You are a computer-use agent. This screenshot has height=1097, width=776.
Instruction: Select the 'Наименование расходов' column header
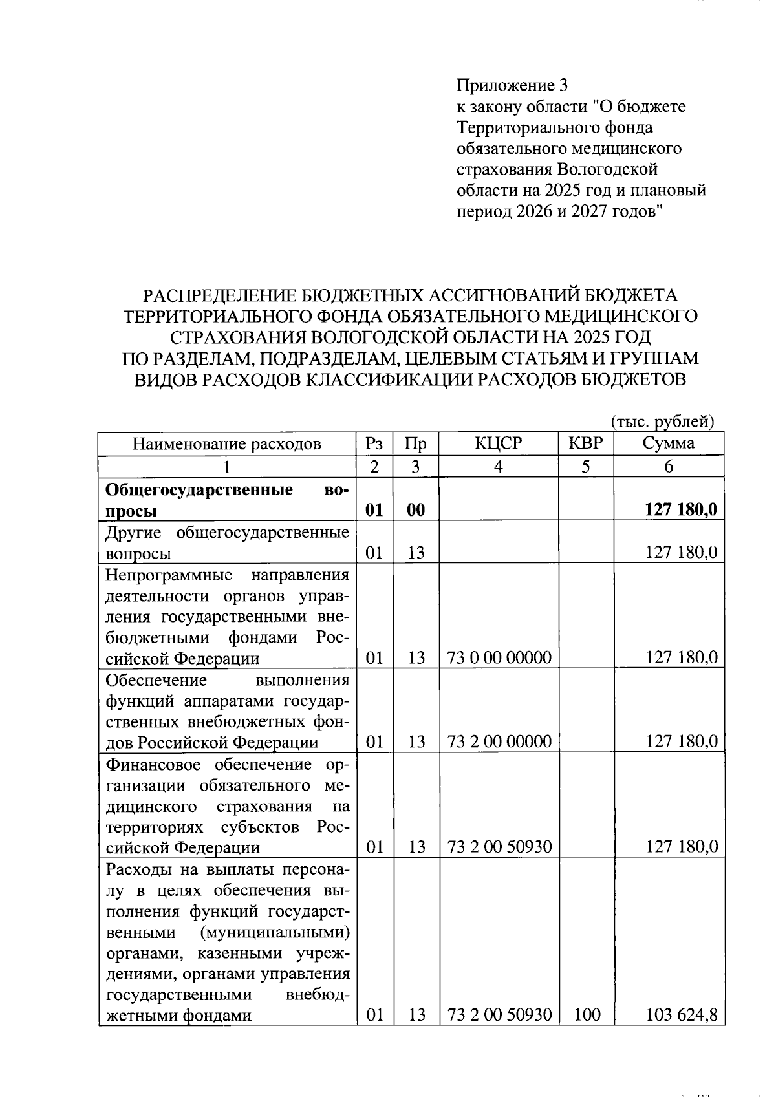[x=226, y=443]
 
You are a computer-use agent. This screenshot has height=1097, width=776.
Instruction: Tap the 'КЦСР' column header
[x=498, y=443]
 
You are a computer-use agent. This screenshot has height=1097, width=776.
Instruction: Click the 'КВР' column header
[x=585, y=443]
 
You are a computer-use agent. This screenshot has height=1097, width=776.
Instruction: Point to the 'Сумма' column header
[x=668, y=443]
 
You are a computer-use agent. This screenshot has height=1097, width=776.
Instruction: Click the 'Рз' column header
[x=374, y=443]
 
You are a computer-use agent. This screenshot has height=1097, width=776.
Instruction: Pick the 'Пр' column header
[x=415, y=443]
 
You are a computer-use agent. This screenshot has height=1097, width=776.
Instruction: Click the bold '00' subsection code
[x=416, y=510]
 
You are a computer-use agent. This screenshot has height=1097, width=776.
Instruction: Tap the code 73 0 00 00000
[x=499, y=658]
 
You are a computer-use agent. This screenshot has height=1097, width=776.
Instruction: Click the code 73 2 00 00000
[x=499, y=741]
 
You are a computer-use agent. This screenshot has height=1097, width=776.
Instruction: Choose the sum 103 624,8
[x=682, y=1015]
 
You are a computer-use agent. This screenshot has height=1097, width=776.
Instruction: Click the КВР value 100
[x=587, y=1015]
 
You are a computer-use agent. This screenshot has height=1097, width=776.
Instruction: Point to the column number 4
[x=498, y=467]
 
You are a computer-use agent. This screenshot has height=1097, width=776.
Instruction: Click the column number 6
[x=668, y=467]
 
